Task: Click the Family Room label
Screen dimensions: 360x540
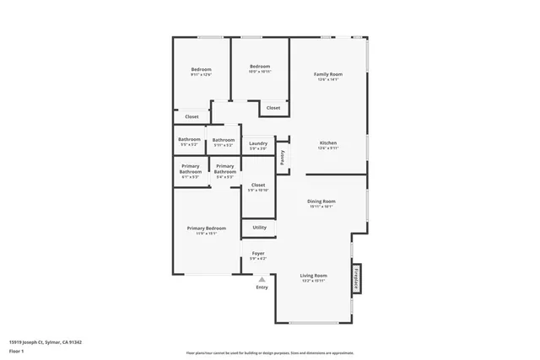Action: point(328,74)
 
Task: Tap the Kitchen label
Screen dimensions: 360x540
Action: point(328,143)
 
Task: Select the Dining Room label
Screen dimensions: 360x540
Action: point(322,201)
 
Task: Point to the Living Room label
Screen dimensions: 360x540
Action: point(314,276)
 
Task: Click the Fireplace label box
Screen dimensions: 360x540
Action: point(357,279)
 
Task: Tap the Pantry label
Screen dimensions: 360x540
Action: point(283,156)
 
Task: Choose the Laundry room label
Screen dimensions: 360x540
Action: point(258,143)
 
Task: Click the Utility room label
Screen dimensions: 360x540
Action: point(259,227)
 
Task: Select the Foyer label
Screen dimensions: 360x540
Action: point(258,253)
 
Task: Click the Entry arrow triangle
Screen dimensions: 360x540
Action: point(262,279)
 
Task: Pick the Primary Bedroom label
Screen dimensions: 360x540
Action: point(207,228)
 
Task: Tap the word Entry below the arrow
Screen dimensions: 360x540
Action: point(262,288)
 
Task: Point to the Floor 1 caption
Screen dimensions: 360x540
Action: point(15,351)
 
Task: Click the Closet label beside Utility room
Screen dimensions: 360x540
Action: point(258,185)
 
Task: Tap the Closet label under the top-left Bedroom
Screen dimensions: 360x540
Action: point(192,116)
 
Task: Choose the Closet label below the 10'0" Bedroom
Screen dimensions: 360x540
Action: point(273,108)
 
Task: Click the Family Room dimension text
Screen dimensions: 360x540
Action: point(328,80)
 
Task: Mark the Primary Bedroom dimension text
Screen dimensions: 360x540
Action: point(207,234)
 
